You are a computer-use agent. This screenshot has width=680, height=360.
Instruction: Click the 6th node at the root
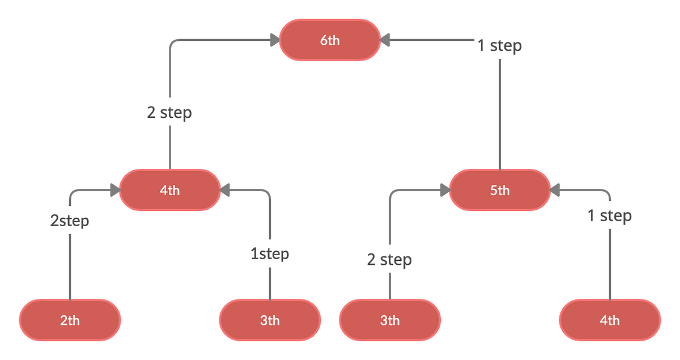coord(330,40)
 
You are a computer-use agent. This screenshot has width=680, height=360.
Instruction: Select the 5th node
coord(499,190)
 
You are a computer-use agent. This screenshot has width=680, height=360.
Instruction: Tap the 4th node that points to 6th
coord(169,190)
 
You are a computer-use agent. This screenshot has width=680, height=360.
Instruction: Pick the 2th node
coord(70,320)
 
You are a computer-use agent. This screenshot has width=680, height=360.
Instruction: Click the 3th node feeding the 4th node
coord(270,320)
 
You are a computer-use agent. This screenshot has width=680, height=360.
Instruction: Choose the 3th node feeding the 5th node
coord(390,320)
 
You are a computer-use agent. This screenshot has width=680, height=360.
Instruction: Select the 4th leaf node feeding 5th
coord(610,320)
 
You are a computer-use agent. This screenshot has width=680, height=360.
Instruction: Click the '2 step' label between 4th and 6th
coord(169,112)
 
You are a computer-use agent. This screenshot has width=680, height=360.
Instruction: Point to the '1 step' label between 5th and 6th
coord(499,45)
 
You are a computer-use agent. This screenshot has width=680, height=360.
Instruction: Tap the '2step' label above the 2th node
coord(70,221)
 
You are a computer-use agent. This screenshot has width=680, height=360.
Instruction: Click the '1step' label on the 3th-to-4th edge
coord(270,253)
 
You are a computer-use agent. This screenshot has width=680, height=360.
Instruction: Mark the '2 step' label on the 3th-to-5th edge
coord(389,260)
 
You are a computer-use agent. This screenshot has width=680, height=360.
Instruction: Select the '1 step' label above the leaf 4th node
coord(609,215)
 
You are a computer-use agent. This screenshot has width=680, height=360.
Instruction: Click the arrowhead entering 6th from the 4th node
coord(275,40)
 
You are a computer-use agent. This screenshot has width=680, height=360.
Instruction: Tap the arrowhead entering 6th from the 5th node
coord(385,40)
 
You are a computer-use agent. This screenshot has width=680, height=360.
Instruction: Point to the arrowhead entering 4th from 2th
coord(114,190)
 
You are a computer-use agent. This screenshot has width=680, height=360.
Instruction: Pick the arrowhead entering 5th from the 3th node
coord(445,190)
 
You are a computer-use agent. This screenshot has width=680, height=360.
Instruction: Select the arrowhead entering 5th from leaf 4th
coord(555,190)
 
